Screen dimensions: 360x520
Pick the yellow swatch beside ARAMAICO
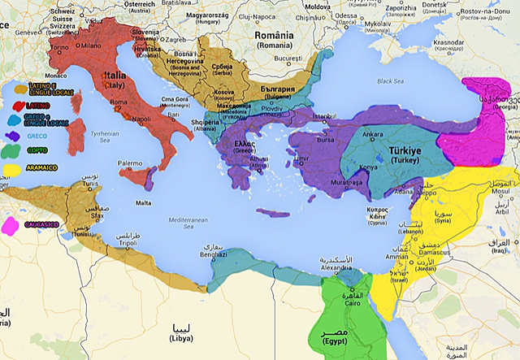[11, 170]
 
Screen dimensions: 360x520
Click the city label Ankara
[372, 134]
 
